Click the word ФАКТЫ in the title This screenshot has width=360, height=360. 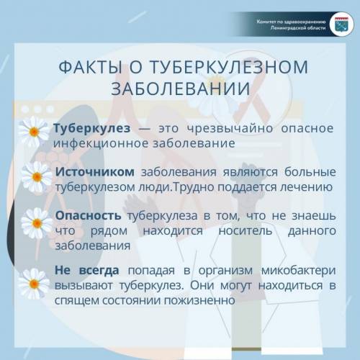90,67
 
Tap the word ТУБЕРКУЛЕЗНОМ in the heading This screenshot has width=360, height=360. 229,67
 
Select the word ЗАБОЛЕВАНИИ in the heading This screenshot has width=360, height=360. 181,89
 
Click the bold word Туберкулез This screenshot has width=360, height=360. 92,128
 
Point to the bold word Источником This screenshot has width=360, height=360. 95,172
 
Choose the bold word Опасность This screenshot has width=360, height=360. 88,215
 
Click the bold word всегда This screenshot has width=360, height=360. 99,271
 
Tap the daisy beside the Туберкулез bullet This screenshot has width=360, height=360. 34,132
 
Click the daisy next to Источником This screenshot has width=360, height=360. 37,177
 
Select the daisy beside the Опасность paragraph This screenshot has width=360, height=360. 37,223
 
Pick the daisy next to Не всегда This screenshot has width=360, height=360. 34,284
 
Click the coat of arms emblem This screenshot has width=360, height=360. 341,24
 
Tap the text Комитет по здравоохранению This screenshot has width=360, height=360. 291,22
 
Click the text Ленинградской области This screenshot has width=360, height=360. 298,28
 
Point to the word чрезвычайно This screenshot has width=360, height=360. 230,128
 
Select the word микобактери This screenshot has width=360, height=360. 298,271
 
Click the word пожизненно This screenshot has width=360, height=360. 199,300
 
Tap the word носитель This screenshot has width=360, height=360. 246,230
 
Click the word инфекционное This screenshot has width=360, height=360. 101,143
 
